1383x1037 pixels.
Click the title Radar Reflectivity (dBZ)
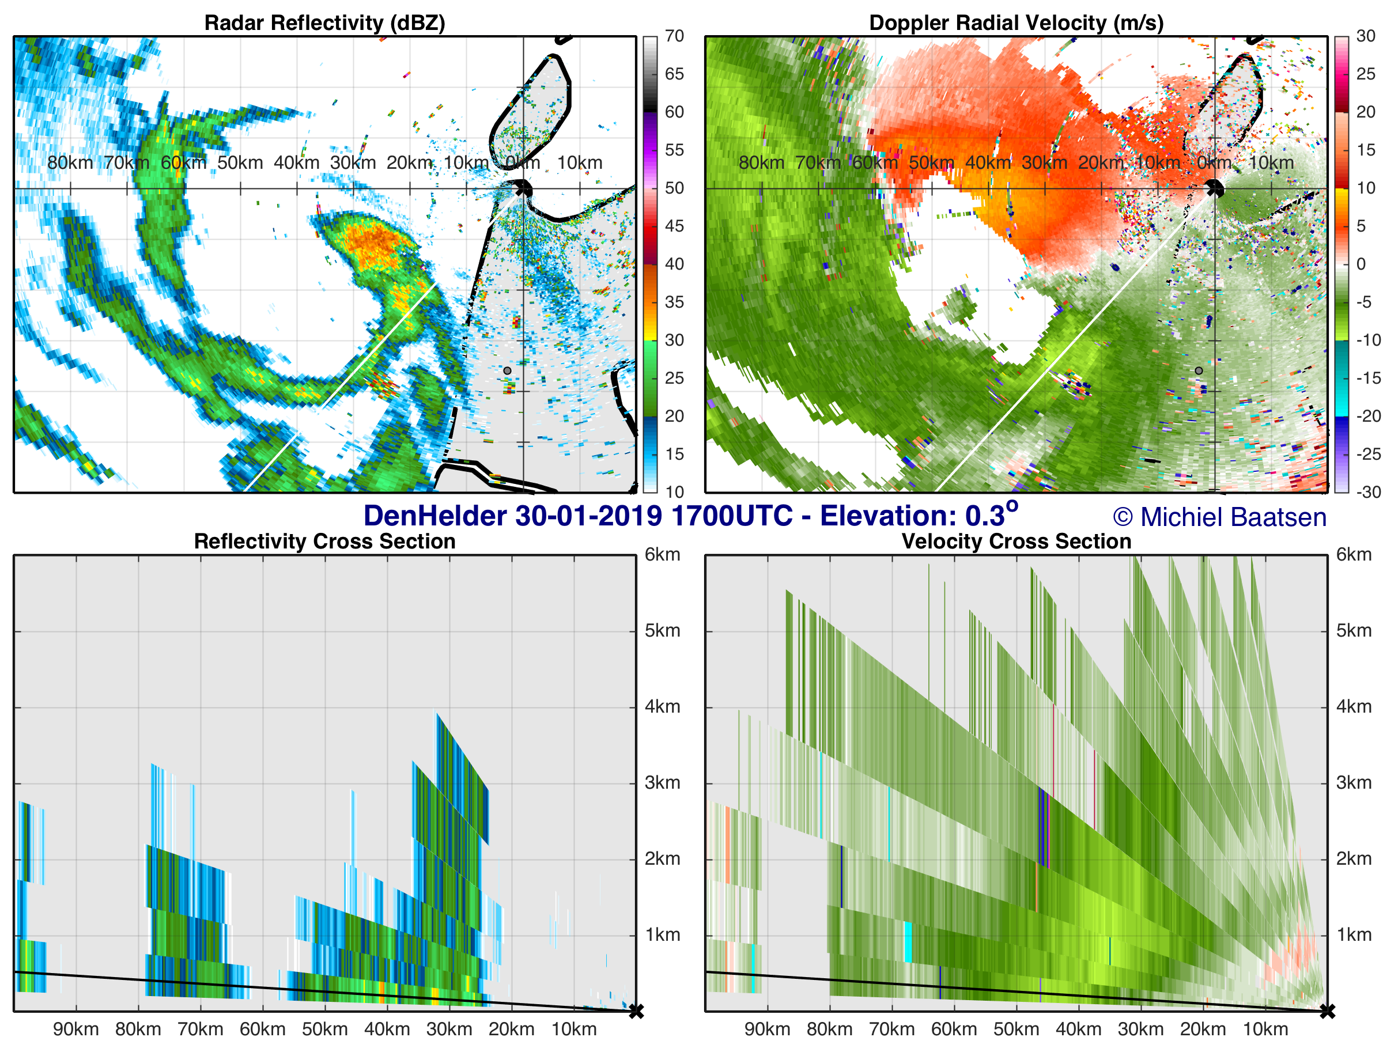[x=324, y=23]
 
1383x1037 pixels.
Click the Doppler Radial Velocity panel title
[x=1016, y=23]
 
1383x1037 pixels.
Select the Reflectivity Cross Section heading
[x=324, y=542]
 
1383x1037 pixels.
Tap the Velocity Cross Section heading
[x=1016, y=542]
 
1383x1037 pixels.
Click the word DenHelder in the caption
[x=435, y=516]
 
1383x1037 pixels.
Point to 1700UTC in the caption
[x=731, y=516]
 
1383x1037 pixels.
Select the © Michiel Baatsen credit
[x=1219, y=517]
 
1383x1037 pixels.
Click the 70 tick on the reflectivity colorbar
[x=674, y=36]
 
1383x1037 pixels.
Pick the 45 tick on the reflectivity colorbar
[x=674, y=226]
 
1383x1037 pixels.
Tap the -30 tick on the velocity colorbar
[x=1368, y=492]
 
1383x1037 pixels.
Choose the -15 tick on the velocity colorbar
[x=1368, y=378]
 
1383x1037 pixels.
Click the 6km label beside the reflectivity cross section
[x=662, y=554]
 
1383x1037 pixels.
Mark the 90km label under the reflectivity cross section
[x=75, y=1029]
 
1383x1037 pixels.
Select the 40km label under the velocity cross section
[x=1079, y=1029]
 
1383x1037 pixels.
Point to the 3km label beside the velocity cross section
[x=1354, y=782]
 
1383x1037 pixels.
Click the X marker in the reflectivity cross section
[x=636, y=1010]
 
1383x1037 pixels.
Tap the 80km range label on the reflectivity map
[x=70, y=162]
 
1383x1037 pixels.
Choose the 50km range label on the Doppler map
[x=931, y=162]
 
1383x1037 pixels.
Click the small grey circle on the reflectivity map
[x=507, y=370]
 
